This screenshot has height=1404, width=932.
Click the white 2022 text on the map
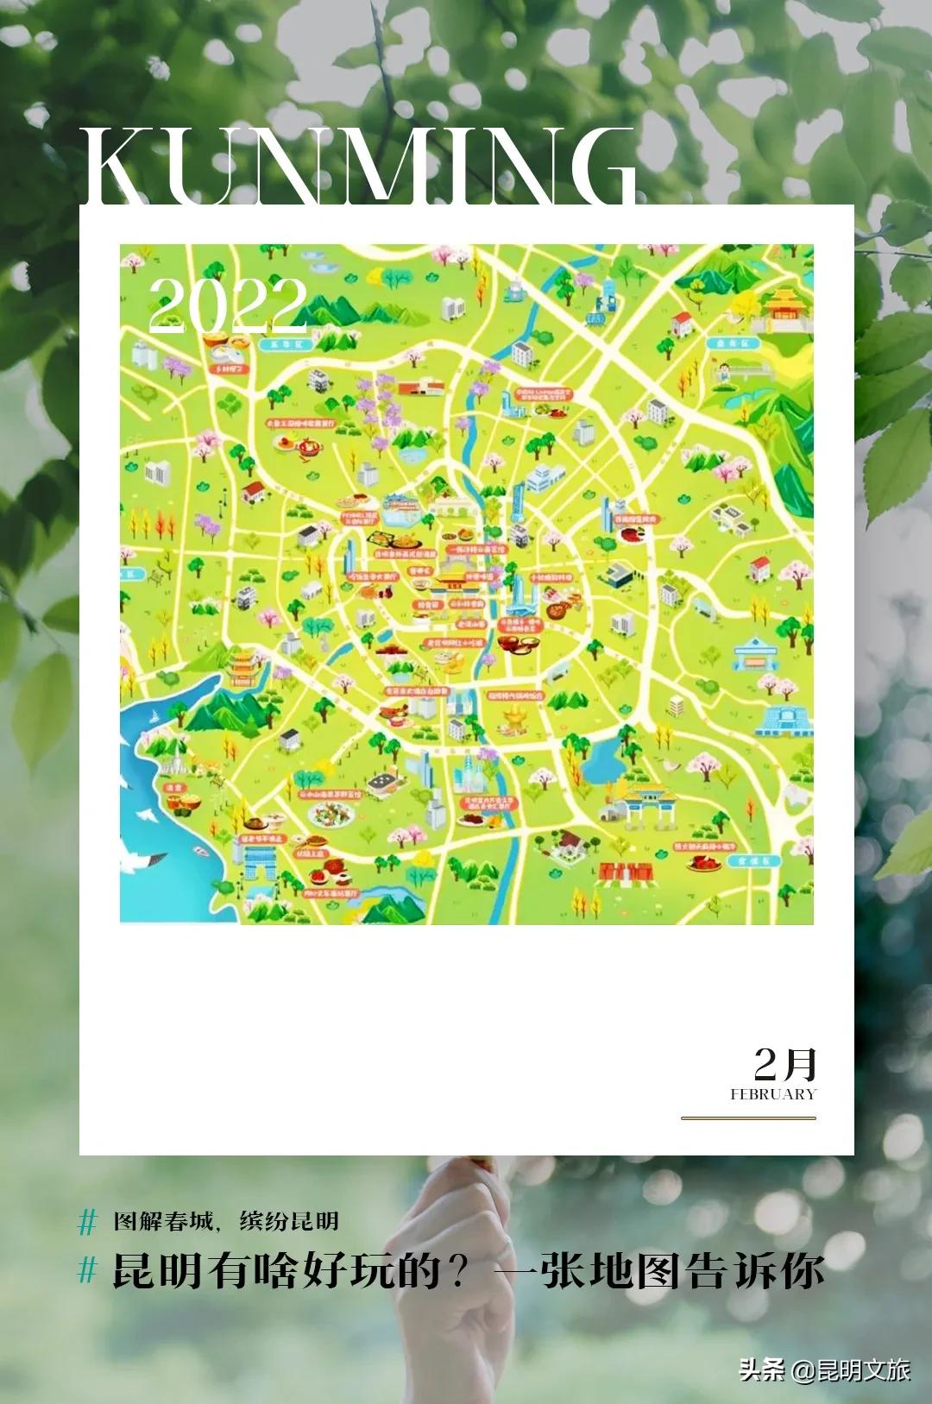pyautogui.click(x=228, y=305)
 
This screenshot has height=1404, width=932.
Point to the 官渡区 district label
pyautogui.click(x=753, y=860)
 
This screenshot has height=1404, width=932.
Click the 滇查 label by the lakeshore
pyautogui.click(x=174, y=787)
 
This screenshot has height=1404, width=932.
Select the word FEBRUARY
pyautogui.click(x=772, y=1094)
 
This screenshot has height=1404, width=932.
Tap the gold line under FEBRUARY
pyautogui.click(x=748, y=1118)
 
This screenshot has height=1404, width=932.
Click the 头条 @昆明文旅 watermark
pyautogui.click(x=824, y=1369)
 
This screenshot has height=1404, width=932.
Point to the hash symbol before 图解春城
pyautogui.click(x=88, y=1222)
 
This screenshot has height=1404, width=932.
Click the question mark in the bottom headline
pyautogui.click(x=456, y=1272)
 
